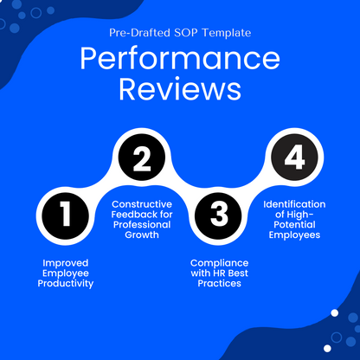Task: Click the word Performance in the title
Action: click(180, 60)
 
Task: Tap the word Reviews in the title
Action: click(180, 89)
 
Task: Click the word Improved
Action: click(67, 261)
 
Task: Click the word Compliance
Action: click(219, 262)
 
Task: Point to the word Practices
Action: click(219, 284)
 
